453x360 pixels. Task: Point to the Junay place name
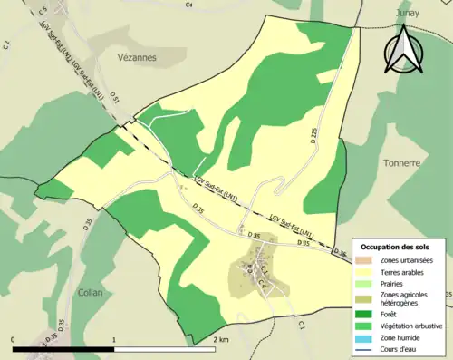(410, 14)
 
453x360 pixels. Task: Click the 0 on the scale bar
(14, 339)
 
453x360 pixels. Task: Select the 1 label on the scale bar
(113, 339)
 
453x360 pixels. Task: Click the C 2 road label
(5, 43)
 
